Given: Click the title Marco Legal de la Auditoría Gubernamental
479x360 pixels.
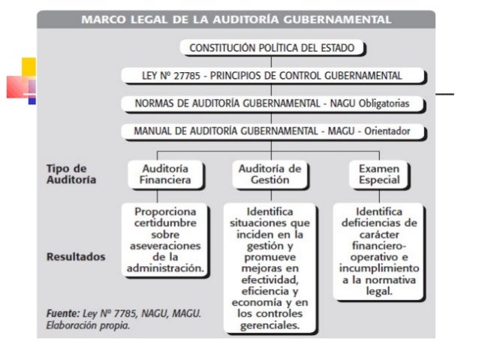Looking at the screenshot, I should [236, 19].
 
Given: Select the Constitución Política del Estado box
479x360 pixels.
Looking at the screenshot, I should [272, 48].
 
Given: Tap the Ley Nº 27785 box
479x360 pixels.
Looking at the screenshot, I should [273, 76].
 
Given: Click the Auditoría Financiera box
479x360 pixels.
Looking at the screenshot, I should [165, 174].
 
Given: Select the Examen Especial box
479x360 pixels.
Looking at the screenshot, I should [378, 174].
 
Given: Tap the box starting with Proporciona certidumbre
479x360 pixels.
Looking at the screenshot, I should [164, 240].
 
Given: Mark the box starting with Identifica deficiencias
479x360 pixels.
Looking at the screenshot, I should [378, 251].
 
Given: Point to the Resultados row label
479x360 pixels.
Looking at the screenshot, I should [76, 256].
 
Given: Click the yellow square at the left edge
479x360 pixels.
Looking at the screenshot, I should [29, 67].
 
